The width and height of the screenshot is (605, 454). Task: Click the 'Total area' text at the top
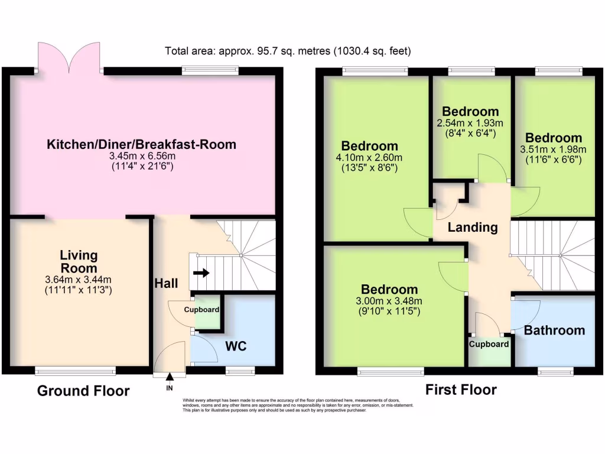pos(288,51)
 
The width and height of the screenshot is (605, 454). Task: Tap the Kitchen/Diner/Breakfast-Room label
pos(142,144)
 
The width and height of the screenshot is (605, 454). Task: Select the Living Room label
pos(79,261)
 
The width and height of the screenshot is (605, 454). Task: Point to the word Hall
pos(167,284)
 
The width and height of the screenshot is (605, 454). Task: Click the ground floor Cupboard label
pos(201,310)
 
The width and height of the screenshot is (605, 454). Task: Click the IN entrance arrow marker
pos(170,377)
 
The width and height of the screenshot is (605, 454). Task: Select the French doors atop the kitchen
pos(69,57)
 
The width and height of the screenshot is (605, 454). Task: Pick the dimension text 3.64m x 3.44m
pos(79,280)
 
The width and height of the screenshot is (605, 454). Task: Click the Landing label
pos(471,228)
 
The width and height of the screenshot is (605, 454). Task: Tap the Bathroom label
pos(554,330)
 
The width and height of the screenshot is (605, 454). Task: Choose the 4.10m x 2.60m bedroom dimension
pos(369,157)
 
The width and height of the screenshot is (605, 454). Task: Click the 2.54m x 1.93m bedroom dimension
pos(470,123)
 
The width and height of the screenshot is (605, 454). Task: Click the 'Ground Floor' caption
pos(83,391)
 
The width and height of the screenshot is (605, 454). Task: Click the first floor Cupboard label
pos(489,344)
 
